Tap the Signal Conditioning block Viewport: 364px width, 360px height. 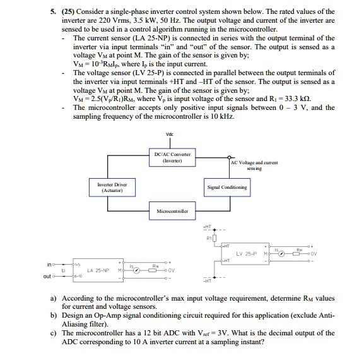(x=226, y=188)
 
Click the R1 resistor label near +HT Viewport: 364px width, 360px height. (x=208, y=238)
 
